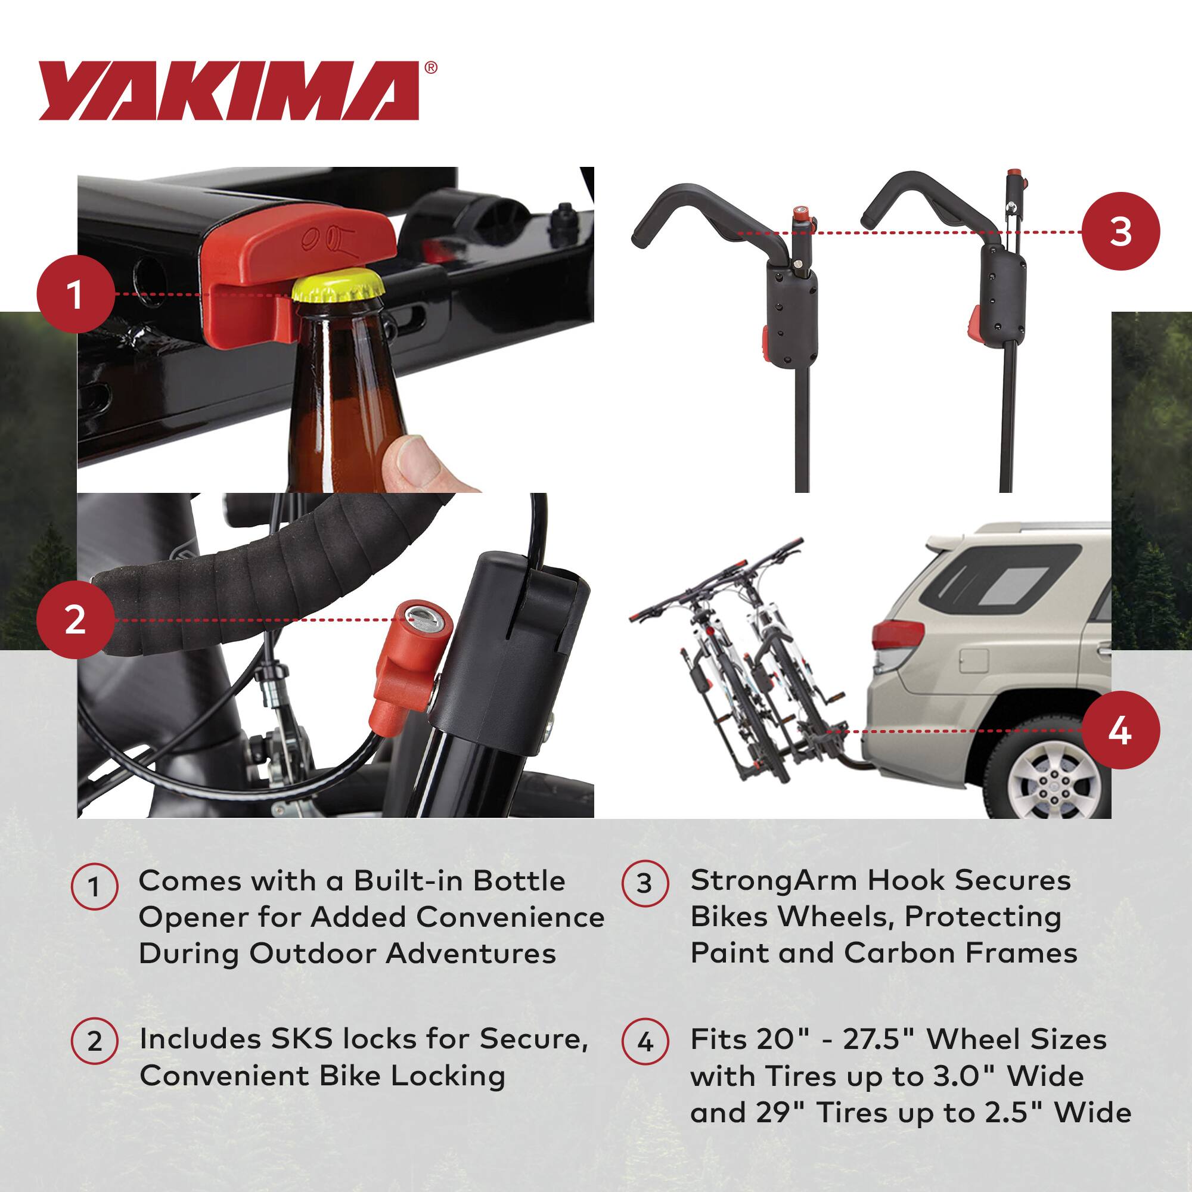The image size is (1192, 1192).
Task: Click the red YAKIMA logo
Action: tap(229, 91)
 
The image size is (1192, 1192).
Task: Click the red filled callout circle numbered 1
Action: tap(75, 294)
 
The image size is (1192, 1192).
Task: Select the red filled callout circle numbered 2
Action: tap(75, 619)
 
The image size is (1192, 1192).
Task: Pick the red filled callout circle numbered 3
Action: tap(1120, 232)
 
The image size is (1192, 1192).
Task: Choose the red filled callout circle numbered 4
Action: tap(1120, 731)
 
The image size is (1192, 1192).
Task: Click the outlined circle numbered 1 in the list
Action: tap(94, 887)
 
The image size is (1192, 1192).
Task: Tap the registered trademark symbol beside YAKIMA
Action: tap(432, 67)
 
